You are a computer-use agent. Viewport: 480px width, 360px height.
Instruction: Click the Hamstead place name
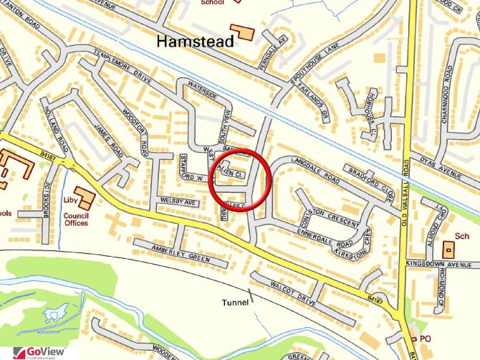click(x=196, y=42)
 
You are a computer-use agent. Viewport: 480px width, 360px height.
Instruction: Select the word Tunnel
click(x=234, y=303)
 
